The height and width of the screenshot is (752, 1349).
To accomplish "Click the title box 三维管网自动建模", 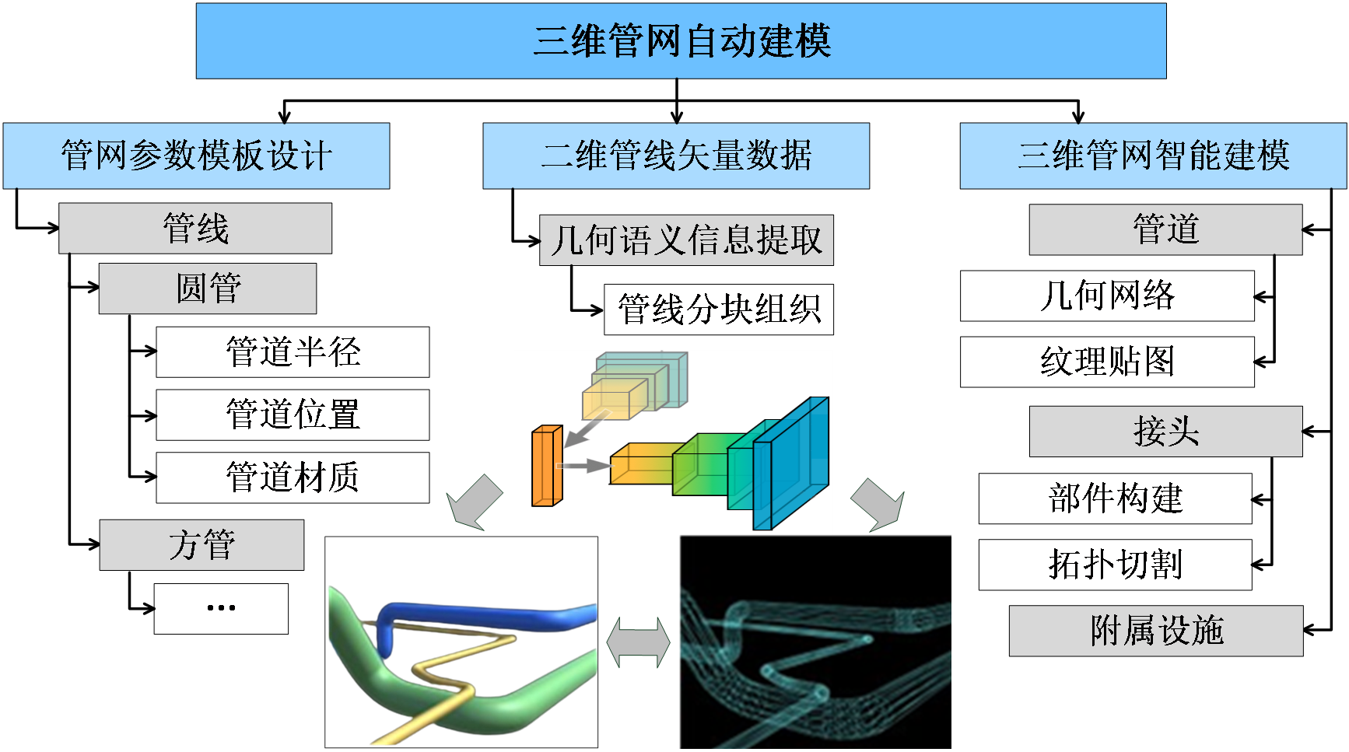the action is click(x=681, y=41).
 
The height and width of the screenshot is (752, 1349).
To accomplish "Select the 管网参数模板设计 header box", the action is click(x=196, y=156).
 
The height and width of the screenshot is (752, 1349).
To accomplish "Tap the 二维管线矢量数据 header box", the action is click(x=676, y=156).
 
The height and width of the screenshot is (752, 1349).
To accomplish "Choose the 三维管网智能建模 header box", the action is click(x=1153, y=156).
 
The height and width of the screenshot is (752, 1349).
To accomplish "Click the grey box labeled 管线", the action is click(x=195, y=229).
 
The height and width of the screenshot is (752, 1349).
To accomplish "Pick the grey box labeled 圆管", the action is click(x=208, y=289).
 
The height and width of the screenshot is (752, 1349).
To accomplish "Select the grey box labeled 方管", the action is click(x=201, y=545).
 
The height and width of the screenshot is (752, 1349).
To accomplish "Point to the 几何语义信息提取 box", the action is click(x=686, y=240).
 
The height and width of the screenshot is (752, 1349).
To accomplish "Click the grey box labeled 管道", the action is click(x=1165, y=229).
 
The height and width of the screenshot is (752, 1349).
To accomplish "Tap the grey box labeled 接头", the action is click(x=1165, y=432).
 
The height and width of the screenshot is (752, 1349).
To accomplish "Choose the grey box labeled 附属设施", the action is click(x=1156, y=631).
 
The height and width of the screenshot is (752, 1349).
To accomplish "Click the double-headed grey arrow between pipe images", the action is click(x=638, y=642).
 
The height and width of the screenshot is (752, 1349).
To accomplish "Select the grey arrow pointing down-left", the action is click(x=475, y=502).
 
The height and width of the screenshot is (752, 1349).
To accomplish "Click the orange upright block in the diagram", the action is click(x=546, y=466).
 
